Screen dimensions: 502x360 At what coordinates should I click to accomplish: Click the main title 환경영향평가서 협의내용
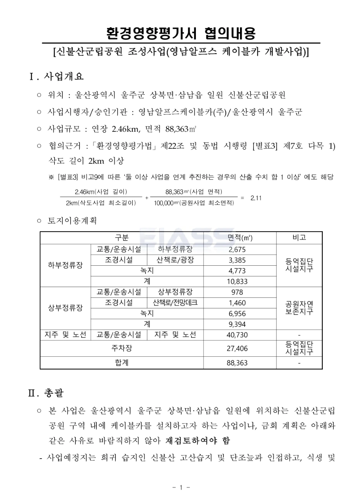tap(181, 34)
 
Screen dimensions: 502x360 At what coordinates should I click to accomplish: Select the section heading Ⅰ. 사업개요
tap(57, 76)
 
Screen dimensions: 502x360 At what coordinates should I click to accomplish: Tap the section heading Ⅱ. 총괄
tap(46, 393)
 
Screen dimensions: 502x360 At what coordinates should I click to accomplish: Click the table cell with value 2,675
tap(237, 249)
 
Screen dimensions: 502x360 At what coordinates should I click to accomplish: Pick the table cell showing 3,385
tap(237, 260)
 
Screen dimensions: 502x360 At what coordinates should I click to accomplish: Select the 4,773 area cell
tap(237, 271)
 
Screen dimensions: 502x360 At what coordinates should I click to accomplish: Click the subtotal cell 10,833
tap(237, 282)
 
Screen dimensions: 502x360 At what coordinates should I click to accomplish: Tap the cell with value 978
tap(237, 292)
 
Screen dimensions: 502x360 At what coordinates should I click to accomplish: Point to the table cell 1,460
tap(237, 303)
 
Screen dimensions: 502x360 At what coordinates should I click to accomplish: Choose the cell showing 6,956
tap(237, 314)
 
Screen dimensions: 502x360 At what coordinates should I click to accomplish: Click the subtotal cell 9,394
tap(237, 324)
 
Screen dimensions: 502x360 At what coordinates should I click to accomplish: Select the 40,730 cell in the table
tap(237, 335)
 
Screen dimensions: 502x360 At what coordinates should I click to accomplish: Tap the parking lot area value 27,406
tap(237, 349)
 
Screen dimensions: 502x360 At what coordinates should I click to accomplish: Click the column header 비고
tap(299, 237)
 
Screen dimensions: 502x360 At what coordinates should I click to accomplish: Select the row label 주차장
tap(122, 348)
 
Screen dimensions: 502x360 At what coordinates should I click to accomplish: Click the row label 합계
tap(122, 363)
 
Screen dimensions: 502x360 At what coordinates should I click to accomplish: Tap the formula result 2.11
tap(256, 198)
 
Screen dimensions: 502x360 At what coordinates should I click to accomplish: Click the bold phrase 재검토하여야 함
tap(197, 441)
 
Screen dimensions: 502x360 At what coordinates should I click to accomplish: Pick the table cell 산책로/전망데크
tap(175, 303)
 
